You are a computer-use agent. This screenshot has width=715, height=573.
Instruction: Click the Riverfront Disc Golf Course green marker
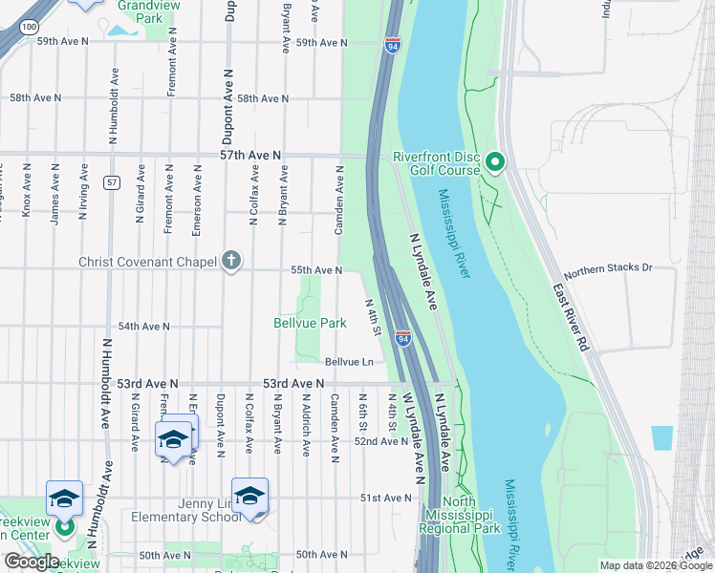pos(494,162)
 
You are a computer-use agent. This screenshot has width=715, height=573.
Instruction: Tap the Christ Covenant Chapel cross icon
pos(230,260)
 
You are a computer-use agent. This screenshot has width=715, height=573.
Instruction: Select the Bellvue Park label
pos(310,324)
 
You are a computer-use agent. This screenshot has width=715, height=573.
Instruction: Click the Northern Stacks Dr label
pos(609,269)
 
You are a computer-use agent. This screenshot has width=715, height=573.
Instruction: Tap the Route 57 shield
pos(112,182)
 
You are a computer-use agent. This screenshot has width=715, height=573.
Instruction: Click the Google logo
pos(31,562)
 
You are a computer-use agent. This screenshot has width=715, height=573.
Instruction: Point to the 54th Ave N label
pos(143,327)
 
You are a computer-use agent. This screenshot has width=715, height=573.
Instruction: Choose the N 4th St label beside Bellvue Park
pos(373,317)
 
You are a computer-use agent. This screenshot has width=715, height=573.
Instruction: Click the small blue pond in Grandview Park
pos(122,29)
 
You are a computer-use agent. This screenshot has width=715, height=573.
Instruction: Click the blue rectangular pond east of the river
pos(661,437)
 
